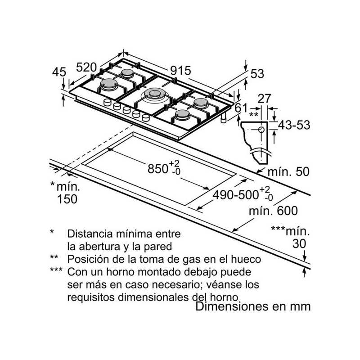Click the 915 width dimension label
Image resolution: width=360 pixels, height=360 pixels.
180,71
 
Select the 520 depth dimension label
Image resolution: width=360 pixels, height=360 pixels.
86,67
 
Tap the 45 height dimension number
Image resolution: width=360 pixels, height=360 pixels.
59,72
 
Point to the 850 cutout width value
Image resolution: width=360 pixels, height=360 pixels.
158,169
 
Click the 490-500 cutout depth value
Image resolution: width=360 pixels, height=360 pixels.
235,195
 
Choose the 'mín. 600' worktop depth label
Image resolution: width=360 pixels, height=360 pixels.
273,211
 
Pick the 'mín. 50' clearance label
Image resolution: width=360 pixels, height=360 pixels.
288,172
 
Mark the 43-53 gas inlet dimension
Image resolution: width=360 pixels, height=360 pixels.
294,125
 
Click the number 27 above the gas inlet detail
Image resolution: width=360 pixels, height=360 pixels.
264,99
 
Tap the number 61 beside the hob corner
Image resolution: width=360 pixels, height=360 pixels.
241,108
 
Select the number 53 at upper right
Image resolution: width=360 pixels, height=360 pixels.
257,74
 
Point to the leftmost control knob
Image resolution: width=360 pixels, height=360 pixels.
107,102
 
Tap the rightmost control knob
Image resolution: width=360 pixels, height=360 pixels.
146,118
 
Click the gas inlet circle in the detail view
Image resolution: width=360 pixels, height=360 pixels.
261,130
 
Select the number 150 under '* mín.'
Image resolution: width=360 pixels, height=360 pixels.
67,199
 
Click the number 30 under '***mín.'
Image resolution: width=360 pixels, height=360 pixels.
299,243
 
